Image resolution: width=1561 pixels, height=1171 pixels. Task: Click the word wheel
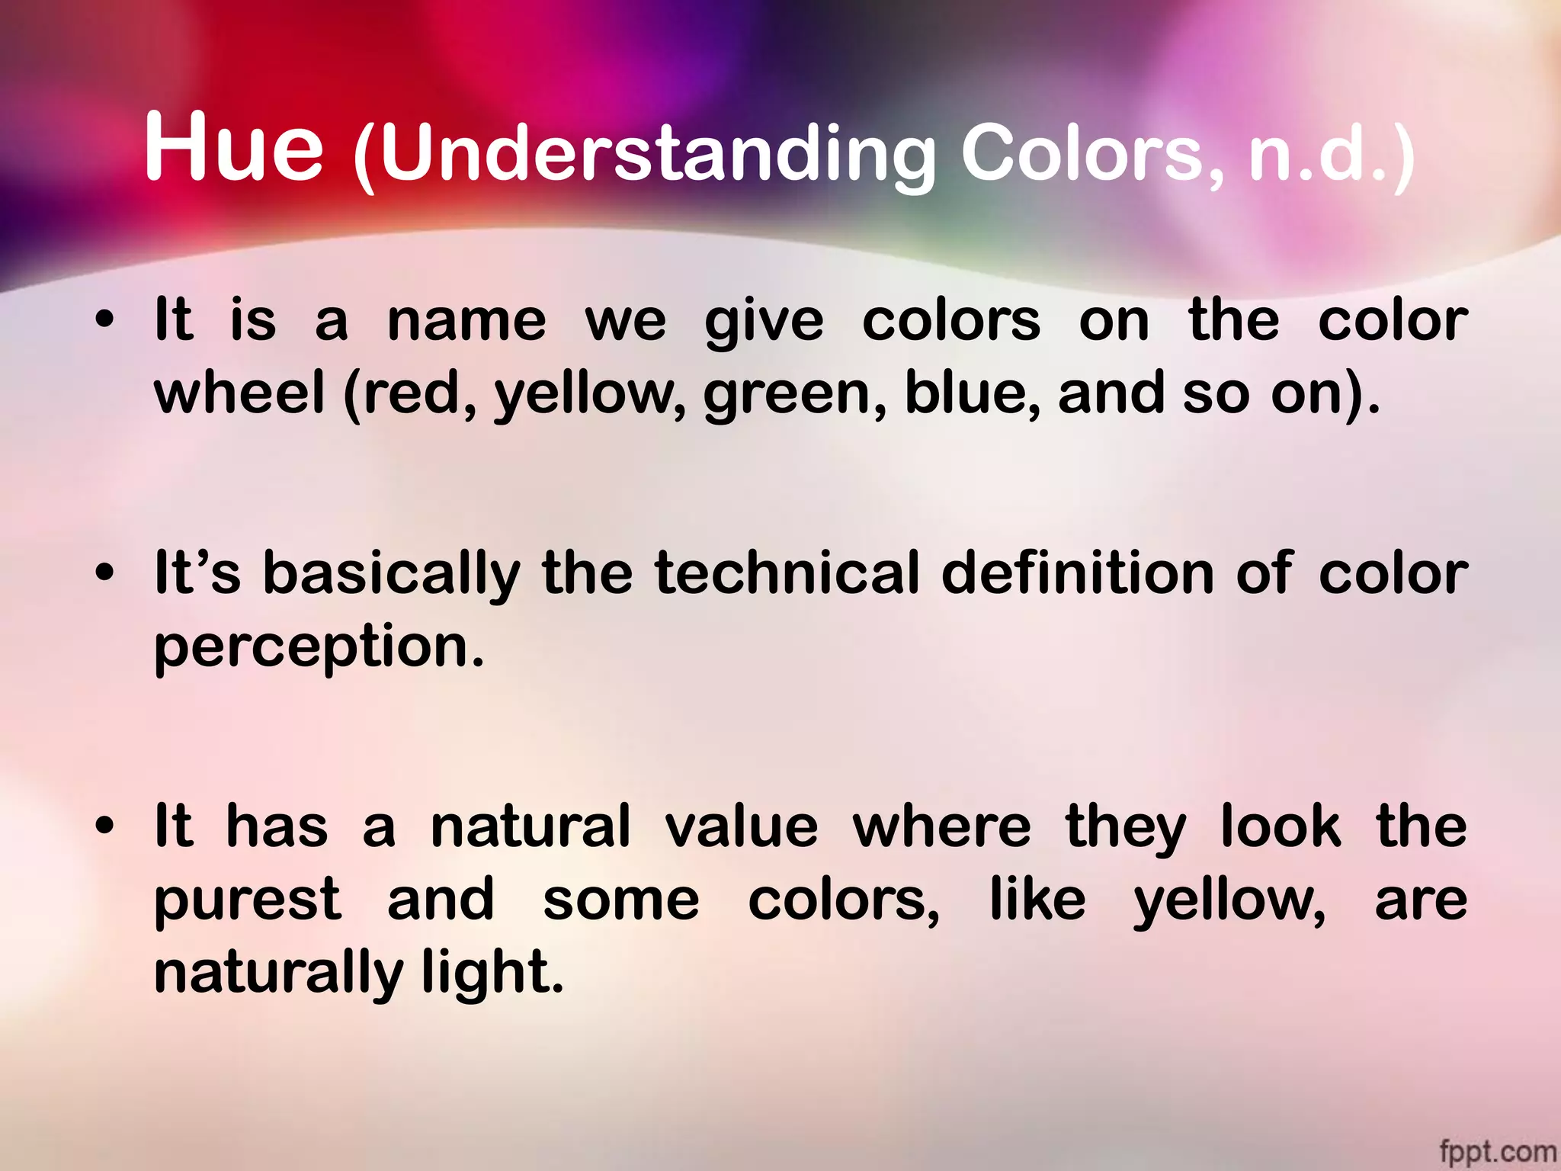point(239,393)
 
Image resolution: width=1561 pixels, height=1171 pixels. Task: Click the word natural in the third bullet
point(530,826)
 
